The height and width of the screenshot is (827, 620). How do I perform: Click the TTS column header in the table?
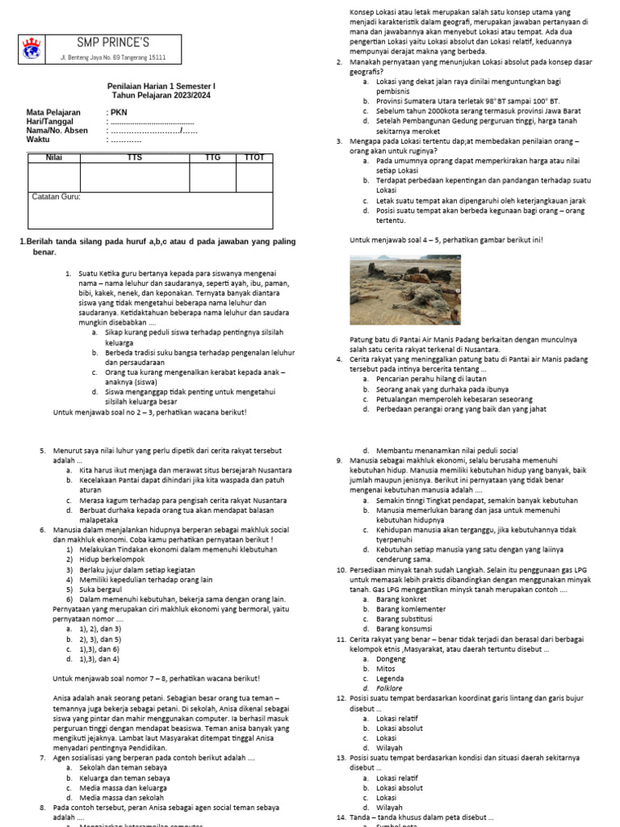(134, 157)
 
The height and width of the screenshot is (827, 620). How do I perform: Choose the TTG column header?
(212, 157)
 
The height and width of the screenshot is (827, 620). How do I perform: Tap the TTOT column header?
(253, 157)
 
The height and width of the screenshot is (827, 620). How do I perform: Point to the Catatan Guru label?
(56, 196)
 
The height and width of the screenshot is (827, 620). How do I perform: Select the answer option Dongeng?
(391, 659)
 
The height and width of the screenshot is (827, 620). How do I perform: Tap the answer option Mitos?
(386, 669)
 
